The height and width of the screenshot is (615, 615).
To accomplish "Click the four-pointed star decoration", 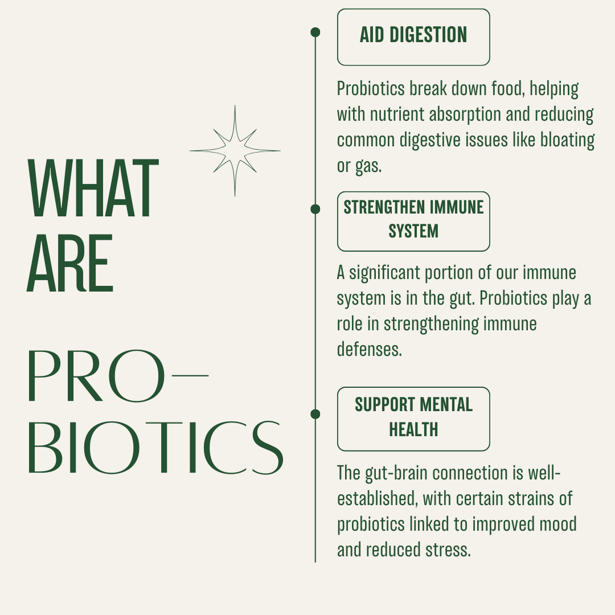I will [235, 151].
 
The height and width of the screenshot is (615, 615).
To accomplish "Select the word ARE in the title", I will [70, 264].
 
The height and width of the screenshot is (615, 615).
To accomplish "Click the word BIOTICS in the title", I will [155, 448].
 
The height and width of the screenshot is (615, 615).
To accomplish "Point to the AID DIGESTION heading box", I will [413, 37].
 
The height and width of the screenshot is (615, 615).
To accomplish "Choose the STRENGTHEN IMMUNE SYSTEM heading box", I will [413, 221].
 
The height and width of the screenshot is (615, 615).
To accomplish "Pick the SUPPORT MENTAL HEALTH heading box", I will [413, 419].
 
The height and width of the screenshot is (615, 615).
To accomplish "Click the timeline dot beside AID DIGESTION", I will [315, 32].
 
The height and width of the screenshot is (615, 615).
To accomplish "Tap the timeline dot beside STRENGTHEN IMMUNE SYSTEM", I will [315, 210].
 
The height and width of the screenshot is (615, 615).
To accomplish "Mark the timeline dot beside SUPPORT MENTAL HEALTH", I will [315, 414].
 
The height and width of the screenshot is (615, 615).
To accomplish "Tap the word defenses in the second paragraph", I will [369, 349].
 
